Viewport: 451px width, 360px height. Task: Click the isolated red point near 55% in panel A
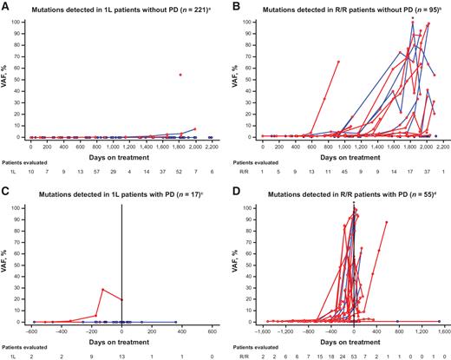point(180,75)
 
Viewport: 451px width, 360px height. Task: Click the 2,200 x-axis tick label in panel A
point(210,147)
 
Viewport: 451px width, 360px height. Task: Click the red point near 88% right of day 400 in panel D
point(386,222)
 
